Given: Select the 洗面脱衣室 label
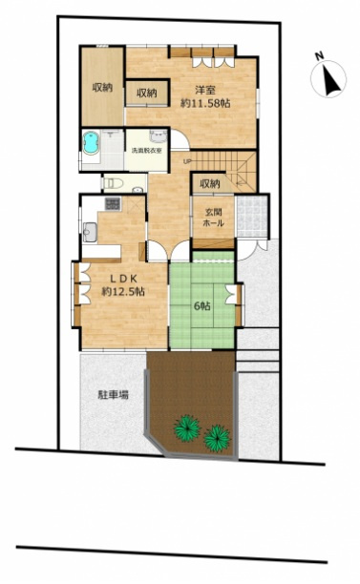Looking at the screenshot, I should (x=146, y=150).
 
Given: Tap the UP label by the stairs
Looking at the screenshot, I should (x=187, y=161).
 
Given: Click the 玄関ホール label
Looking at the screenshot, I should (x=213, y=218).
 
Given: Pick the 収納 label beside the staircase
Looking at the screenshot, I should (x=210, y=182).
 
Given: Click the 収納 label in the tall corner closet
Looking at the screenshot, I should (x=101, y=88).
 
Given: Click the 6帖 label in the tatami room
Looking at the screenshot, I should (x=201, y=306).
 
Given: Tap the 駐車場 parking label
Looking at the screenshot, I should (x=112, y=393).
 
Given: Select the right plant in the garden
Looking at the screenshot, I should (x=218, y=437).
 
